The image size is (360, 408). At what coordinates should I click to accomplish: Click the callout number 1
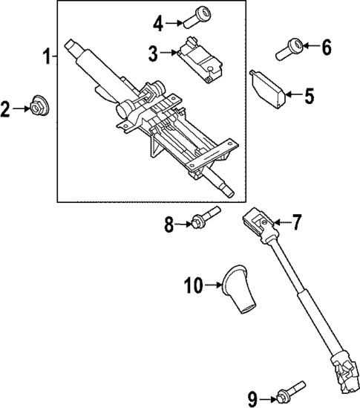[x=47, y=56]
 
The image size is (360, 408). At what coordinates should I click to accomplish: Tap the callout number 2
[x=7, y=111]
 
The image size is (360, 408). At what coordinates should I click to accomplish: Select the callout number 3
[x=152, y=53]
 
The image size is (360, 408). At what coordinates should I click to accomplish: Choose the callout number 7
[x=296, y=221]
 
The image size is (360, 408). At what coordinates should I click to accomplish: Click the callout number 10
[x=193, y=283]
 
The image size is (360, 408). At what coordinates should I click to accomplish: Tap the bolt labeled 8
[x=203, y=219]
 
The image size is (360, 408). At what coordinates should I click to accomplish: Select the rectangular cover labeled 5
[x=269, y=88]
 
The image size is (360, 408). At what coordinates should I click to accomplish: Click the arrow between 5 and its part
[x=292, y=94]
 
